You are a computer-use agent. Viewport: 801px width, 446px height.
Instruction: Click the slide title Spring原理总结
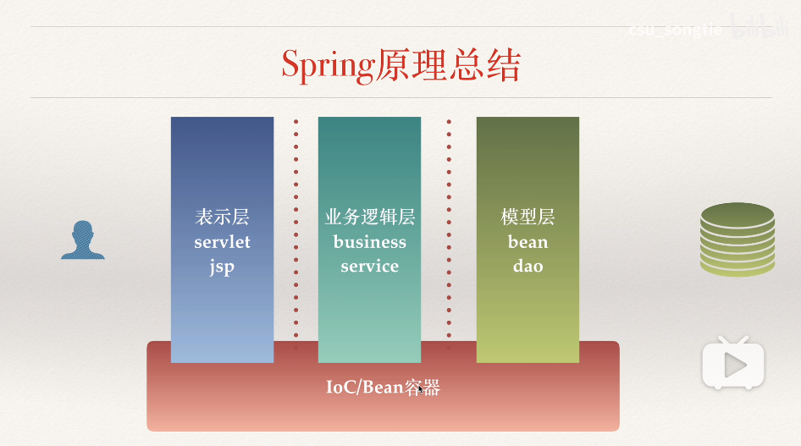pyautogui.click(x=400, y=65)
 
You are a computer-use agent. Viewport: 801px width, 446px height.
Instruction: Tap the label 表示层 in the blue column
pyautogui.click(x=222, y=217)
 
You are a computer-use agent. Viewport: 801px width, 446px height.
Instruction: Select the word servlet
pyautogui.click(x=222, y=242)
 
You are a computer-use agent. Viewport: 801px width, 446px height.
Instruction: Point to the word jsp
pyautogui.click(x=222, y=267)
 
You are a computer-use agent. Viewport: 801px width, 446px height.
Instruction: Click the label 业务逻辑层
pyautogui.click(x=369, y=217)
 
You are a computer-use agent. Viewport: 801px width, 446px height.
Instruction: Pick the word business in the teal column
pyautogui.click(x=369, y=242)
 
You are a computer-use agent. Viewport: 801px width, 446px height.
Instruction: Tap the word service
pyautogui.click(x=369, y=267)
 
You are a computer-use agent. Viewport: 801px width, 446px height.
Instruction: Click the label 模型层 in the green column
pyautogui.click(x=528, y=217)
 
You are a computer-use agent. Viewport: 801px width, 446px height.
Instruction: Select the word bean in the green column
pyautogui.click(x=528, y=242)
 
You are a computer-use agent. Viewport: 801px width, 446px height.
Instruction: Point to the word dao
pyautogui.click(x=528, y=267)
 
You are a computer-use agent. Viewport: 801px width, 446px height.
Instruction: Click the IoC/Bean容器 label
pyautogui.click(x=383, y=388)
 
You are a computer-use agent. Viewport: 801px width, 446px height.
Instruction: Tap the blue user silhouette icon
pyautogui.click(x=83, y=240)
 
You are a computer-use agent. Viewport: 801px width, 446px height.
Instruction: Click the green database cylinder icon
pyautogui.click(x=737, y=240)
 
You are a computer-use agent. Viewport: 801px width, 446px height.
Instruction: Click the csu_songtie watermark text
pyautogui.click(x=675, y=30)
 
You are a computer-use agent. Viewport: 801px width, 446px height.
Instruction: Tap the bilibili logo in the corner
pyautogui.click(x=760, y=28)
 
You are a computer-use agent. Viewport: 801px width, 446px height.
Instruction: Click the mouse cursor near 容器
pyautogui.click(x=418, y=388)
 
